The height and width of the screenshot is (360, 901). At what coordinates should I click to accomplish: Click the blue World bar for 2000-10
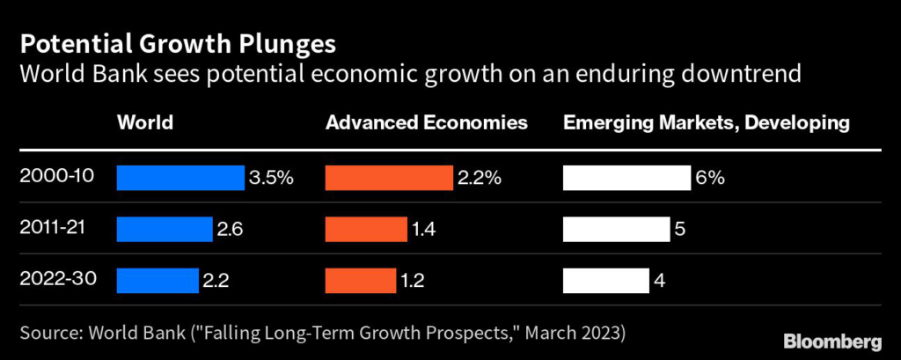pos(180,178)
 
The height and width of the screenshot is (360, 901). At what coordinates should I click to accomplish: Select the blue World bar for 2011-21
pos(165,230)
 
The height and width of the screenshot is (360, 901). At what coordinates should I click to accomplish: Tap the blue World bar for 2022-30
pos(157,281)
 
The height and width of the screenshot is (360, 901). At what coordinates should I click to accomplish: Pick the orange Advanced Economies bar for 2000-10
pos(389,178)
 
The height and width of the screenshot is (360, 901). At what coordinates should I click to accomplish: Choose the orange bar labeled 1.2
pos(361,281)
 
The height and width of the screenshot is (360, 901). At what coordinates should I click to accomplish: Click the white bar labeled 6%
pos(626,178)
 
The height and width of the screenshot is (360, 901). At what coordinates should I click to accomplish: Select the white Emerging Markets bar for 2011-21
pos(615,230)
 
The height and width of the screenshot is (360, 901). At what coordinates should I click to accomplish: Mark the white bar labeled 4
pos(605,281)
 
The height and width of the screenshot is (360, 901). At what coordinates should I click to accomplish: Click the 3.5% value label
pos(271,178)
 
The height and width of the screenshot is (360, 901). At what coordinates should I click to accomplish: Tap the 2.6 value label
pos(229,230)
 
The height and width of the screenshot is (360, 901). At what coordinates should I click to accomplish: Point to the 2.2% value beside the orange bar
pos(479,178)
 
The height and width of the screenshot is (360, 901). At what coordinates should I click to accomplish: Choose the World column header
pos(144,123)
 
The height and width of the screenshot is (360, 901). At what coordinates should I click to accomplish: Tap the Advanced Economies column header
pos(427,123)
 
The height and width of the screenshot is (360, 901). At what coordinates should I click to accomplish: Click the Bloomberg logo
pos(832,340)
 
